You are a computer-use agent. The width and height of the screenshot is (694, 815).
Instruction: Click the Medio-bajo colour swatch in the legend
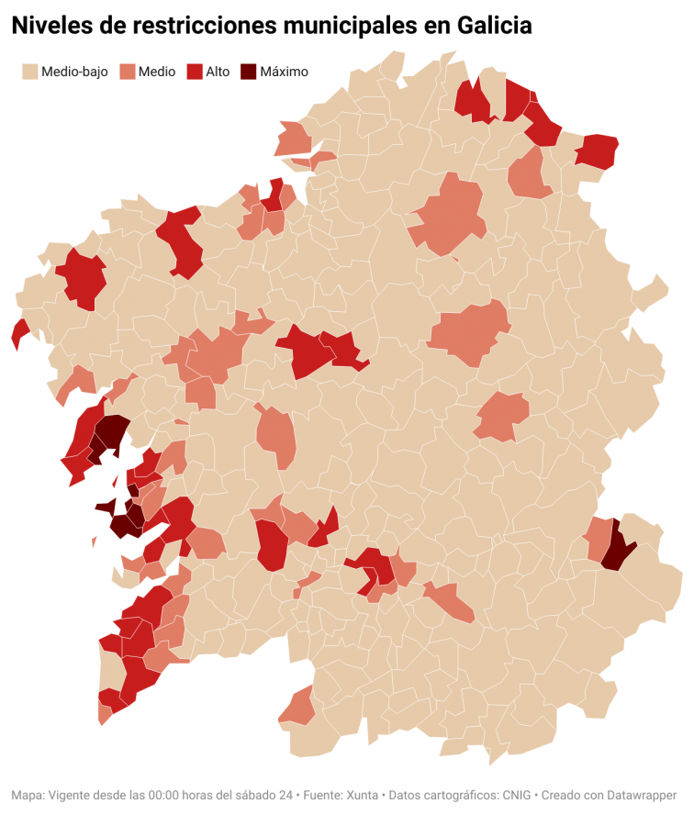click(29, 72)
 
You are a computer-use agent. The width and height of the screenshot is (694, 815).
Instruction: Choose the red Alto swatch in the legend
click(194, 72)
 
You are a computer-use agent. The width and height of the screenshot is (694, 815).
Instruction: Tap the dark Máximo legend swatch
click(248, 72)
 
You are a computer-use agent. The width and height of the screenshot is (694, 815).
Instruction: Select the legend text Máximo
click(285, 72)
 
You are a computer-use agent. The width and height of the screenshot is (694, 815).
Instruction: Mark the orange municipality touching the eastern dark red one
click(599, 540)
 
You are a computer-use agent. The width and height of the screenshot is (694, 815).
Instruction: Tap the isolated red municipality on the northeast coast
click(597, 150)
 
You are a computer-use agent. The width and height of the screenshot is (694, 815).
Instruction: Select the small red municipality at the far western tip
click(19, 333)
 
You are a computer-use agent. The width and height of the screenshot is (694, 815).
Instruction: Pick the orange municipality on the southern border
click(298, 707)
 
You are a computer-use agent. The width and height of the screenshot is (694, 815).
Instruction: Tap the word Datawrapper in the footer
click(640, 795)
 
